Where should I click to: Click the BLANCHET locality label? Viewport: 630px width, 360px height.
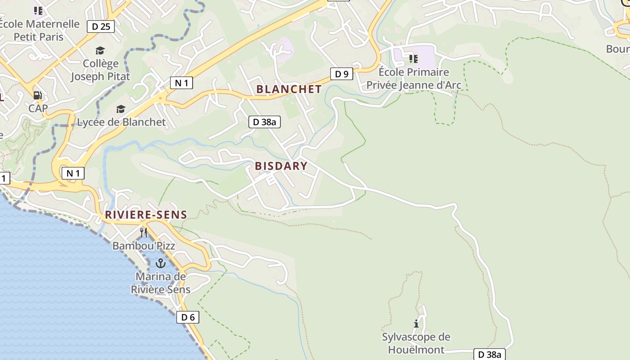[x=289, y=89]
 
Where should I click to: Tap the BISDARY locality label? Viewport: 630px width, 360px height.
[x=281, y=166]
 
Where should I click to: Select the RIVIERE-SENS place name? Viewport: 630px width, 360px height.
[x=146, y=215]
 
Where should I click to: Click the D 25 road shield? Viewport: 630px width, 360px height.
[x=101, y=27]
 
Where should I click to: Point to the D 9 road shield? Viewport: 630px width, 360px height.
[x=342, y=74]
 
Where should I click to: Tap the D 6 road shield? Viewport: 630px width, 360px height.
[x=188, y=317]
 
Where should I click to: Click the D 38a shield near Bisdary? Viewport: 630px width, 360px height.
[x=265, y=121]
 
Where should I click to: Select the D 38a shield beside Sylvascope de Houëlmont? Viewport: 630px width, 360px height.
[x=490, y=354]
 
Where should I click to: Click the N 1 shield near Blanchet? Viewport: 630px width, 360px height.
[x=181, y=83]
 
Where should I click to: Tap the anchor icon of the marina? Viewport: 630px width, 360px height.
[x=160, y=263]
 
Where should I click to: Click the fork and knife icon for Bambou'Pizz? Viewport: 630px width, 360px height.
[x=144, y=232]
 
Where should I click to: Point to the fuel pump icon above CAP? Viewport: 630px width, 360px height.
[x=38, y=95]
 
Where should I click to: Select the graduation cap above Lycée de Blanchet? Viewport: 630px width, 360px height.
[x=121, y=109]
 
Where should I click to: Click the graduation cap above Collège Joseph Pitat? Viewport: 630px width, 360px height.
[x=100, y=50]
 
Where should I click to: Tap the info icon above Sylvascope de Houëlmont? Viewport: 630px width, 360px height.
[x=416, y=324]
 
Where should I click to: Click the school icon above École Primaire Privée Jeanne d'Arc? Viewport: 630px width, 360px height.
[x=413, y=58]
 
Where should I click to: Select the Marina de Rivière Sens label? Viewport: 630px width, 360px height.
[x=161, y=283]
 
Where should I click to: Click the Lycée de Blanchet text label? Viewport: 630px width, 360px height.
[x=121, y=122]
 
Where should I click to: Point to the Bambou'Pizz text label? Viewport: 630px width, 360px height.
[x=144, y=246]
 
